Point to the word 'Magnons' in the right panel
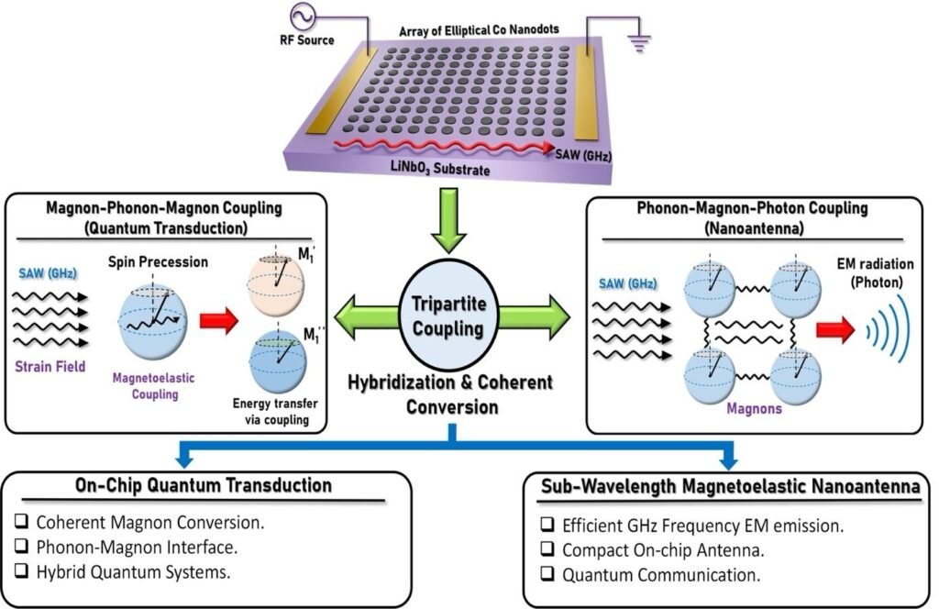(x=755, y=409)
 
